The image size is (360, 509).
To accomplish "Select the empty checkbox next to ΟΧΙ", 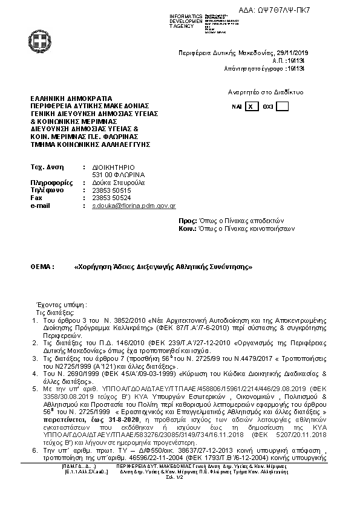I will click(x=282, y=106).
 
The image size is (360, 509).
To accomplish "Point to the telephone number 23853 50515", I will click(x=110, y=190).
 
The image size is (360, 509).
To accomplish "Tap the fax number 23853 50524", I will click(x=110, y=198).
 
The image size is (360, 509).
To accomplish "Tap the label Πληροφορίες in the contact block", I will click(x=51, y=182).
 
